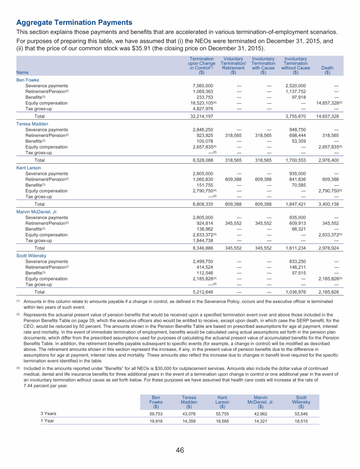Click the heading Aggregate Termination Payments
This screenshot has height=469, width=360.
74,23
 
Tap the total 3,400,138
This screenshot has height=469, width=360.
328,204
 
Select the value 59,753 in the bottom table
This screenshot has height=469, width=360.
156,414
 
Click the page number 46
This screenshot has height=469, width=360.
180,450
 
